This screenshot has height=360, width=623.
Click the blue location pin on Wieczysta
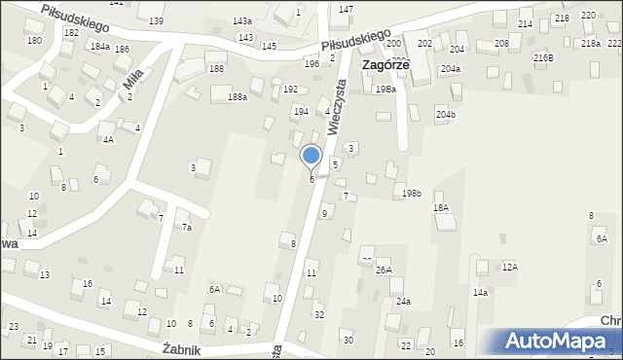(311, 156)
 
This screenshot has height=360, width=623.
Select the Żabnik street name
(181, 349)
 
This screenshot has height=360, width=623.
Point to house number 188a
(238, 97)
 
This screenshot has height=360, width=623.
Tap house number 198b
(412, 194)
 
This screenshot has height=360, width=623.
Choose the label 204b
(446, 115)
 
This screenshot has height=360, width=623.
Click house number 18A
(441, 208)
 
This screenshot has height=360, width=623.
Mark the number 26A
(384, 270)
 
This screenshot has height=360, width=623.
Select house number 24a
(403, 302)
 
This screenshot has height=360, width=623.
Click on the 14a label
(480, 292)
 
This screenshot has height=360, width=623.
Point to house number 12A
(509, 267)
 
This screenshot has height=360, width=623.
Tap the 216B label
(543, 58)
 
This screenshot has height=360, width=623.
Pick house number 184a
(99, 46)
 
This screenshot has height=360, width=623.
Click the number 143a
(242, 20)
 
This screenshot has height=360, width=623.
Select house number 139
(156, 20)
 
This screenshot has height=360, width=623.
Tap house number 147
(346, 9)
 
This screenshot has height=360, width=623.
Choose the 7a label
(186, 227)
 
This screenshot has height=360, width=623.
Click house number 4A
(109, 139)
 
